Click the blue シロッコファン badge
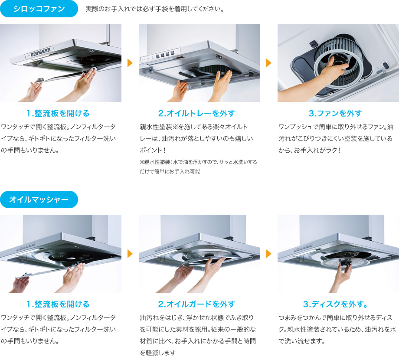[39, 9]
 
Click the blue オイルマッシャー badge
[39, 200]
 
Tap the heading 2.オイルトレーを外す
[196, 113]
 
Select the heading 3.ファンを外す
[335, 113]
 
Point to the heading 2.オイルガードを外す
[196, 304]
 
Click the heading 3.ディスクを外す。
[335, 304]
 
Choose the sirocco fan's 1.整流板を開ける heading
[58, 113]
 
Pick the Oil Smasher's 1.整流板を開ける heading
[58, 304]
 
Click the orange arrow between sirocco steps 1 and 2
[130, 63]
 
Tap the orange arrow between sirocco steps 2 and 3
[268, 63]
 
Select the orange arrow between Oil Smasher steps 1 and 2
[130, 254]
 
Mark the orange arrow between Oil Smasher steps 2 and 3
[268, 254]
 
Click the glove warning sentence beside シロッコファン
[155, 9]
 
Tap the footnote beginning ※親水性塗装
[198, 167]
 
